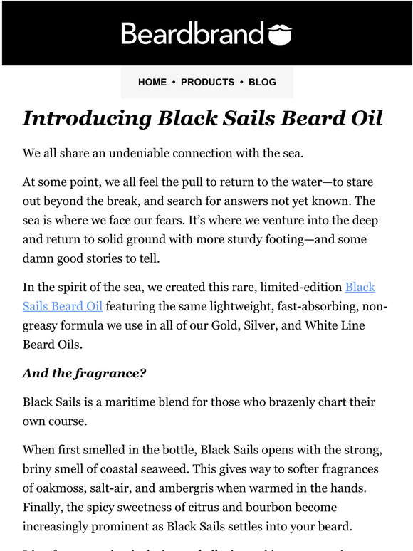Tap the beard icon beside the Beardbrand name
pos(278,33)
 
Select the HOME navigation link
pos(152,83)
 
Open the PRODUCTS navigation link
pos(207,83)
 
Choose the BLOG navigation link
pos(262,83)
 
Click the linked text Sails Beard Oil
pos(63,306)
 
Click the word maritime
pos(140,402)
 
